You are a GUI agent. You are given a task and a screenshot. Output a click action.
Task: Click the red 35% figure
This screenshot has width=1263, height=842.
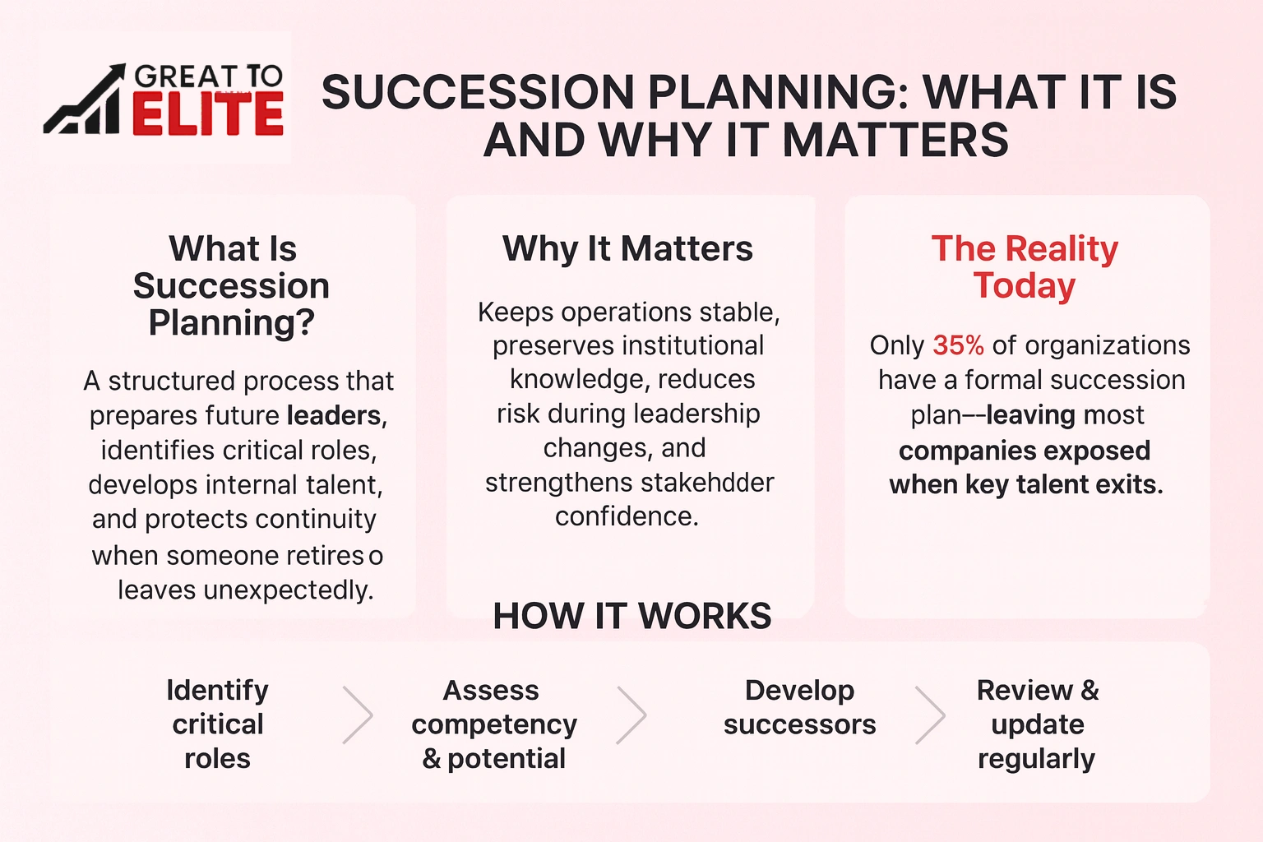pyautogui.click(x=958, y=345)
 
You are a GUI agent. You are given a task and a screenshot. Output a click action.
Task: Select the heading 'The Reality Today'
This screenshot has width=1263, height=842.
pyautogui.click(x=1025, y=267)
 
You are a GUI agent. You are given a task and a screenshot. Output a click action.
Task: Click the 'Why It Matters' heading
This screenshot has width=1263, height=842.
pyautogui.click(x=627, y=248)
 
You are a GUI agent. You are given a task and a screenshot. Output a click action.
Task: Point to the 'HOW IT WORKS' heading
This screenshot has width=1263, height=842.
pyautogui.click(x=631, y=616)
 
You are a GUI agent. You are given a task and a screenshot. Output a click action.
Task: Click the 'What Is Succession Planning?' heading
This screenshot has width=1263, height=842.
pyautogui.click(x=232, y=285)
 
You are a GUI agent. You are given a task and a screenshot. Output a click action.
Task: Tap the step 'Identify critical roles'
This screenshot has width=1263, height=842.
pyautogui.click(x=217, y=724)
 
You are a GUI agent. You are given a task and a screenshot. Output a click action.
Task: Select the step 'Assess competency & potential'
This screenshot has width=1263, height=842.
pyautogui.click(x=493, y=724)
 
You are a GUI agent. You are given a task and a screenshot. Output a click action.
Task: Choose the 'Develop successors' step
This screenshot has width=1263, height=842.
pyautogui.click(x=799, y=707)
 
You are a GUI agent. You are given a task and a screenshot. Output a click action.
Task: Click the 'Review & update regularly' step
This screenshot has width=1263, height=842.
pyautogui.click(x=1037, y=724)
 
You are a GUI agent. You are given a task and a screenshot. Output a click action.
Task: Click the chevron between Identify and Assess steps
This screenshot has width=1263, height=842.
pyautogui.click(x=358, y=715)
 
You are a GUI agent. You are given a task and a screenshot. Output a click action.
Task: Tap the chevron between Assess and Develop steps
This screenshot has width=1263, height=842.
pyautogui.click(x=631, y=715)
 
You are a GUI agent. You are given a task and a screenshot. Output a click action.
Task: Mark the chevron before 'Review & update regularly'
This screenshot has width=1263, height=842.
pyautogui.click(x=930, y=715)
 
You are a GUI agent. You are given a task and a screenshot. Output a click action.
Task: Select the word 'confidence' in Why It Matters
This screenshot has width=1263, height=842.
pyautogui.click(x=627, y=516)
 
